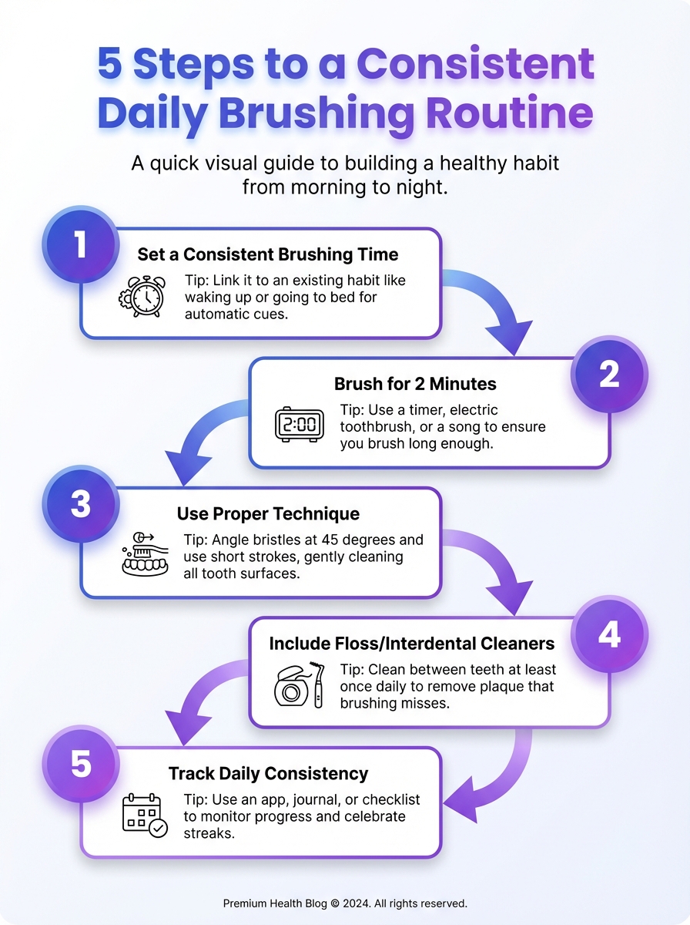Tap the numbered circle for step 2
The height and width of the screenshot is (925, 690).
608,375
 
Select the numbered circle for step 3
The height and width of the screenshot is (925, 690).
81,505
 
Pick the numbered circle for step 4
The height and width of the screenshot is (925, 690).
608,634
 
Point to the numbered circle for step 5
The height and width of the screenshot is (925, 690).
81,765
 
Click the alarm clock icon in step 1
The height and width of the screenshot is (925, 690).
141,296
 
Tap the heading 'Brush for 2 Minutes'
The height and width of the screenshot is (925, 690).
415,384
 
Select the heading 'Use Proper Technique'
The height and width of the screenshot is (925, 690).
268,513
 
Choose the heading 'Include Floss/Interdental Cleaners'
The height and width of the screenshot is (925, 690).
411,643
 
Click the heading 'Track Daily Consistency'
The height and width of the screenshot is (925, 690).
268,773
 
